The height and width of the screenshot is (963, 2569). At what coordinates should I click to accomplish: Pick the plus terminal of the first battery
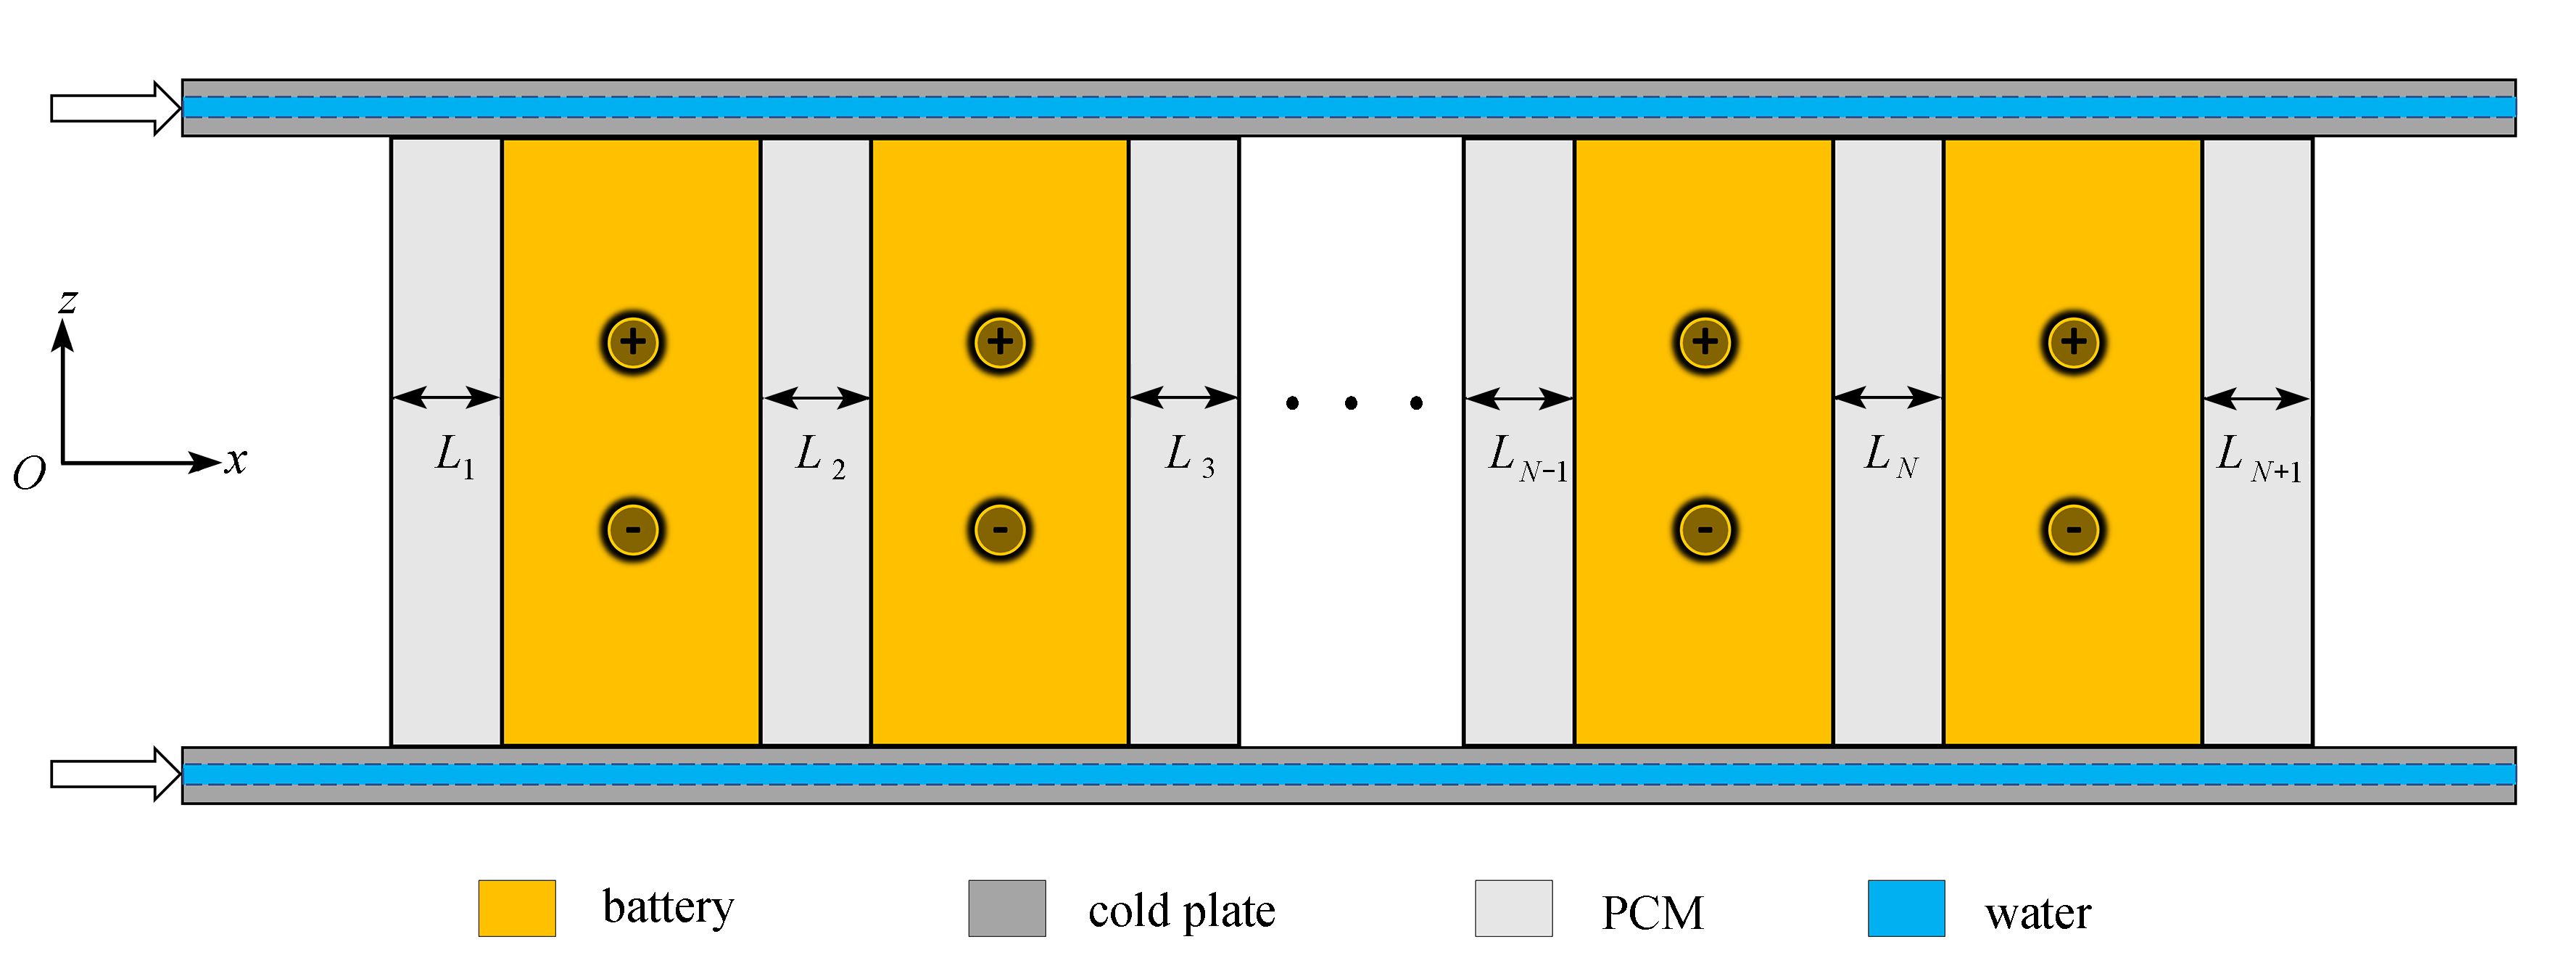[633, 342]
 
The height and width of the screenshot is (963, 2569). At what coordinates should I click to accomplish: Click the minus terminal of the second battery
[1001, 529]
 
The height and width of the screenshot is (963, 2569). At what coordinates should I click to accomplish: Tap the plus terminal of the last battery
[2073, 342]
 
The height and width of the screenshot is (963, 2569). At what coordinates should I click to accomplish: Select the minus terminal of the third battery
[1705, 529]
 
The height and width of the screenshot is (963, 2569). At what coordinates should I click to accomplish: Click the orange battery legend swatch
[516, 908]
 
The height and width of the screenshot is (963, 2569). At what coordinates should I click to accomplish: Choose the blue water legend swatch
[1906, 908]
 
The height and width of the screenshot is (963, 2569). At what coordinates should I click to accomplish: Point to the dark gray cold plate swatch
[1007, 908]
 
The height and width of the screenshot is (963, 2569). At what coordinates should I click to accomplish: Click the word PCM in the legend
[1652, 912]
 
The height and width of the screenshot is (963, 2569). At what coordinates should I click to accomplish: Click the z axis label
[67, 300]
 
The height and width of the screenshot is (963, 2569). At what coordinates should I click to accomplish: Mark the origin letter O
[29, 474]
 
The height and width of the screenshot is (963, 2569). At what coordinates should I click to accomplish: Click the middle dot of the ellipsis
[1352, 402]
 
